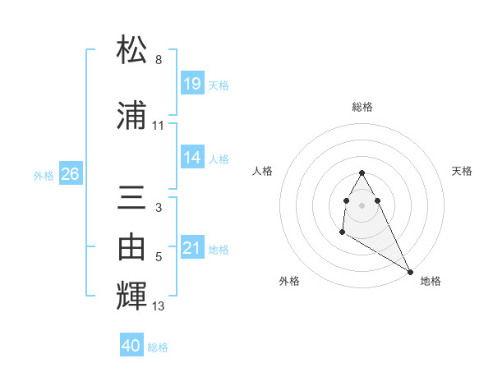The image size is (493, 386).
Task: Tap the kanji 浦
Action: [x=132, y=116]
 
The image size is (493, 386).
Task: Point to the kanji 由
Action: [x=132, y=245]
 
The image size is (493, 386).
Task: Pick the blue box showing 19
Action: [x=191, y=83]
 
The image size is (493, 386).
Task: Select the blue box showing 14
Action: [x=191, y=158]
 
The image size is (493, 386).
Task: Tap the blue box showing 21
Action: [x=191, y=248]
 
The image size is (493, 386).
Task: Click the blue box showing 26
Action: [x=71, y=174]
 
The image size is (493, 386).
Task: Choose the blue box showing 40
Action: [x=131, y=346]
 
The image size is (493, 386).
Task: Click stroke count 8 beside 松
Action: [x=159, y=60]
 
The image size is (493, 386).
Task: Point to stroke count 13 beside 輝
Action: [x=159, y=306]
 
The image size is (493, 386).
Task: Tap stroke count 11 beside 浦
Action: [x=159, y=126]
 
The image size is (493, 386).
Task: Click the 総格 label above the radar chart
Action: [x=362, y=107]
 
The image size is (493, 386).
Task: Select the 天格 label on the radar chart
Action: [x=462, y=171]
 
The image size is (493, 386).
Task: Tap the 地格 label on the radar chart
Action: [x=431, y=282]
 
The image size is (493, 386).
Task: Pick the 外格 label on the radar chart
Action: [x=289, y=282]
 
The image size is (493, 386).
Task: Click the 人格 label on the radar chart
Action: [x=263, y=171]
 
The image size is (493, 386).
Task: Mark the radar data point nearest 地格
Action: [x=411, y=271]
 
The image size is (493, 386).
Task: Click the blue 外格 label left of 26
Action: [x=44, y=175]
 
